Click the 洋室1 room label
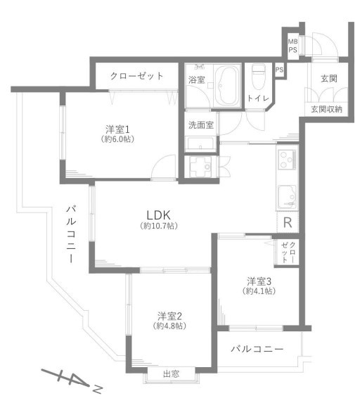117,129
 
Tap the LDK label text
158,215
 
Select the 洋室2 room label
170,316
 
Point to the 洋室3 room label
259,281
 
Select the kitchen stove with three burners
287,160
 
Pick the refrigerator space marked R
288,222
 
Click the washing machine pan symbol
200,167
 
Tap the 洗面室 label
201,125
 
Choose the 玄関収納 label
326,109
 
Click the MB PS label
292,46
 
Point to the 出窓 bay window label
171,373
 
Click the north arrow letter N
98,389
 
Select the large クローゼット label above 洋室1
136,76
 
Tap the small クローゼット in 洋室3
288,252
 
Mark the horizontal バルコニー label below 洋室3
257,349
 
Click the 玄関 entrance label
329,79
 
